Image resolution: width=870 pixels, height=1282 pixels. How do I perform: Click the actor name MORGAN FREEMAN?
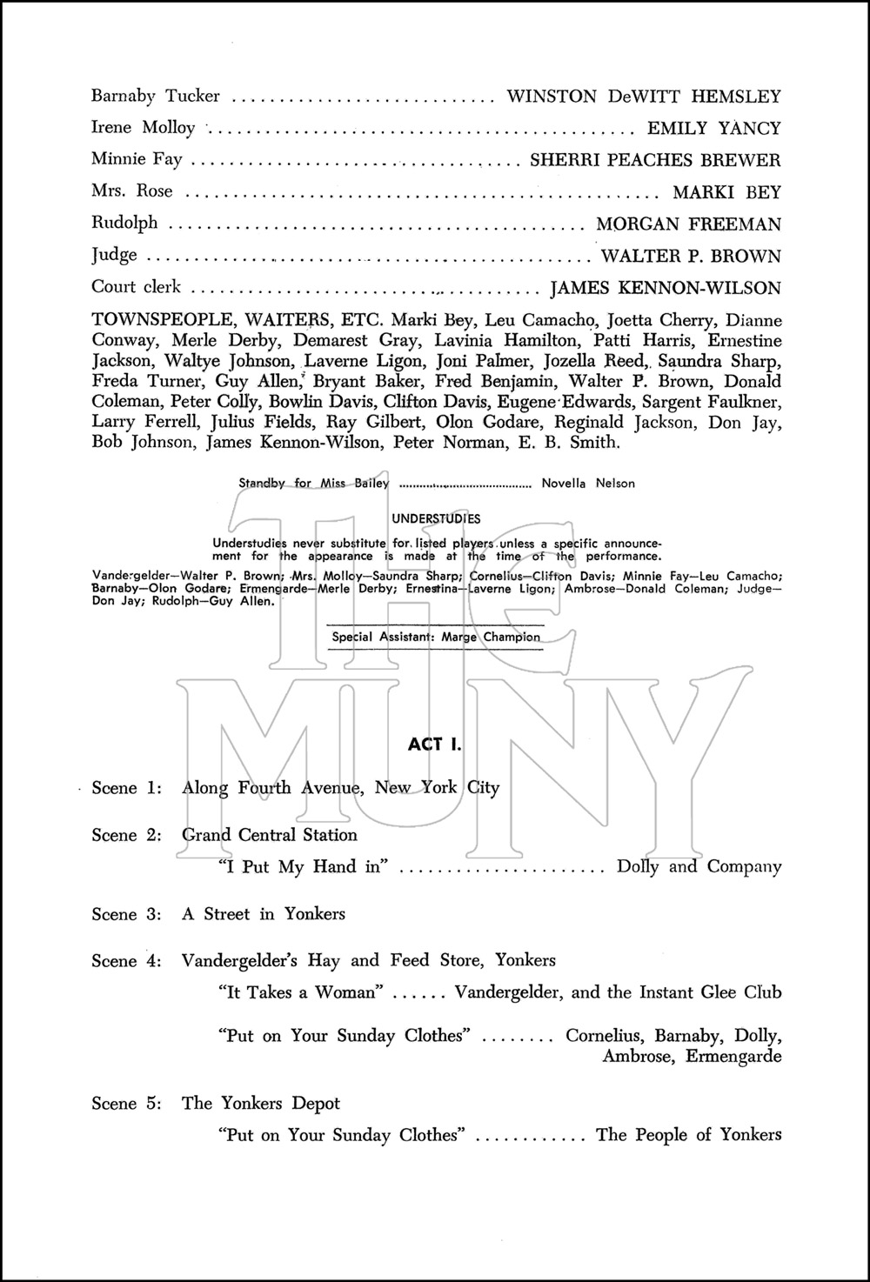click(x=688, y=224)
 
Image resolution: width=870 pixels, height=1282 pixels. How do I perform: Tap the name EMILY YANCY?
click(x=713, y=128)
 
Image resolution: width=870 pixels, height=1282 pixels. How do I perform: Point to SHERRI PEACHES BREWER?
click(x=655, y=160)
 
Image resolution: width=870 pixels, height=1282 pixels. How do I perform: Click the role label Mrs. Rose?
click(x=132, y=191)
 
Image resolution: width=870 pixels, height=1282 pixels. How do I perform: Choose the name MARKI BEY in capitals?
click(x=726, y=192)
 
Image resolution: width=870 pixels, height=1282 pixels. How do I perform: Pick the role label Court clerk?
click(x=137, y=287)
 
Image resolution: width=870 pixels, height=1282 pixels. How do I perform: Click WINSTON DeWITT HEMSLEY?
click(x=644, y=96)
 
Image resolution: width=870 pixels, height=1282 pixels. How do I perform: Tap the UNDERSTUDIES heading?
click(x=436, y=518)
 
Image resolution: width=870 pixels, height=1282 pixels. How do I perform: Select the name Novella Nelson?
click(x=588, y=483)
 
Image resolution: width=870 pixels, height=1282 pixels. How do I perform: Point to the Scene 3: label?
click(x=127, y=914)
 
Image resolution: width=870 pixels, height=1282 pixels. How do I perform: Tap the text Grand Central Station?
click(x=270, y=835)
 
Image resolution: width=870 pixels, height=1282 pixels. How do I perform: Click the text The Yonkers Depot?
click(x=261, y=1103)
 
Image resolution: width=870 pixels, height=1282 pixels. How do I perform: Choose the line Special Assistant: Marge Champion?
click(x=436, y=637)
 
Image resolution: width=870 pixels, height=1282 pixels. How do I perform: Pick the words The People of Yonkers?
click(x=688, y=1135)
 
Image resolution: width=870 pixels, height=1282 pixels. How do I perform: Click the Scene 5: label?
click(x=127, y=1104)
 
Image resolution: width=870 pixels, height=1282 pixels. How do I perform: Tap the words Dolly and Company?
click(x=699, y=866)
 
